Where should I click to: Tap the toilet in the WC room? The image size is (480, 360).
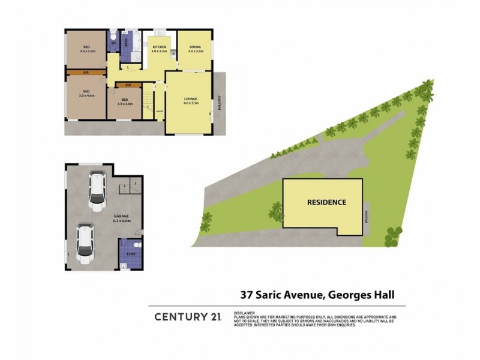click(113, 35)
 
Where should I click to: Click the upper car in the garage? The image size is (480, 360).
click(96, 191)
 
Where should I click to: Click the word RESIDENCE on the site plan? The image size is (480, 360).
click(326, 202)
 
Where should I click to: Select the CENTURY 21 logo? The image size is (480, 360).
click(186, 316)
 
